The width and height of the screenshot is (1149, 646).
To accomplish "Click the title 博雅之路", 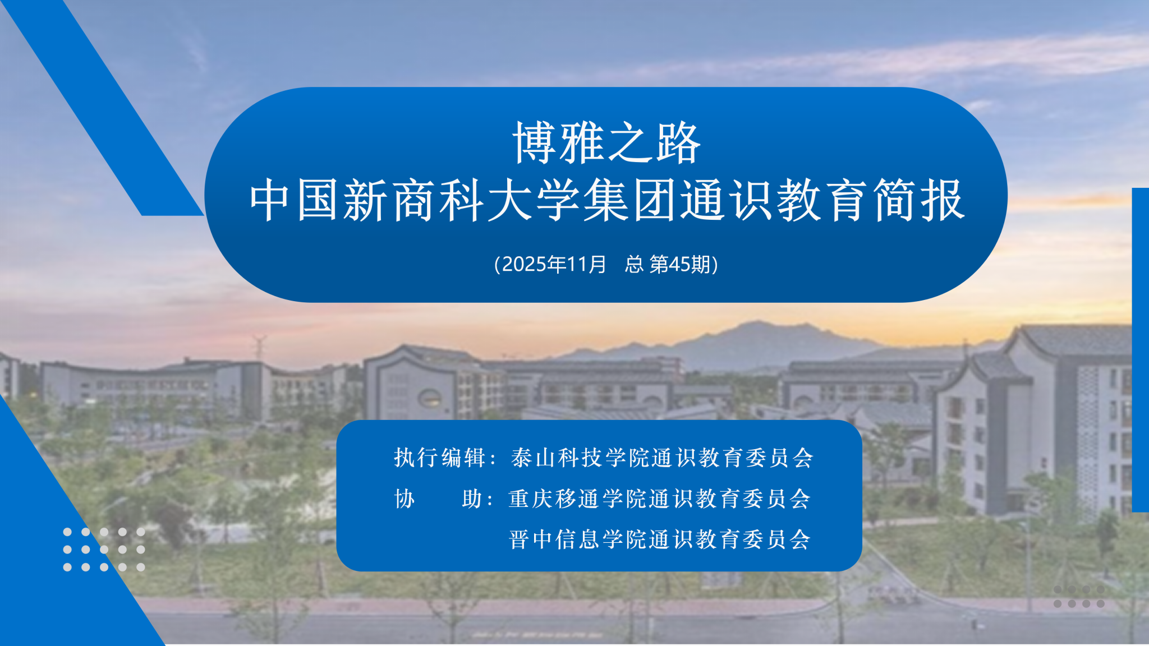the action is coord(606,143).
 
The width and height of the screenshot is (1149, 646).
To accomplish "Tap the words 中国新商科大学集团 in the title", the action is coord(443,200).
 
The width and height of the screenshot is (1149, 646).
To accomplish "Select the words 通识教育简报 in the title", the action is coord(824,200).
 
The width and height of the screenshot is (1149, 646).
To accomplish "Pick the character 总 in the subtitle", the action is coord(634,264).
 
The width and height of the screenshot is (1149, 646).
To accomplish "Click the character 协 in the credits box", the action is coord(405,499).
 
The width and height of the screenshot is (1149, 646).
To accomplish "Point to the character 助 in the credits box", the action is coord(472,499).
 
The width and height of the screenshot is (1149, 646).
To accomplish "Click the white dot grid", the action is coord(104,550).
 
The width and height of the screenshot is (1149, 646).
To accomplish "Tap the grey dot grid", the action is coord(1079,597).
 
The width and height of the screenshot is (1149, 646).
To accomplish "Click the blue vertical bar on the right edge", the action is coord(1141,350).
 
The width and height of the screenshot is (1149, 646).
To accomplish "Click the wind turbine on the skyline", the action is coord(259,347).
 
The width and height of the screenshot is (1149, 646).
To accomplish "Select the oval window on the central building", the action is coord(429,398).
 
